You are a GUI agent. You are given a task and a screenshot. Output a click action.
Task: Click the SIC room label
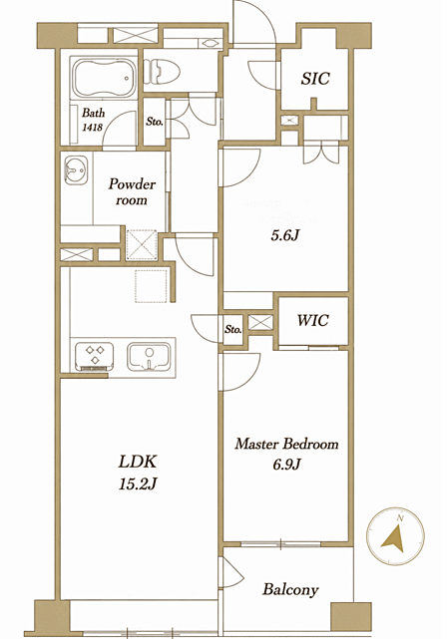click(x=315, y=79)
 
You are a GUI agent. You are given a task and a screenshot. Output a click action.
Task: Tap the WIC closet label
click(x=313, y=320)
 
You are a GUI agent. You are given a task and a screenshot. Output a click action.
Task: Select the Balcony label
click(x=290, y=589)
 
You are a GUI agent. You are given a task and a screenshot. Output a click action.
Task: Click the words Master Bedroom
click(x=286, y=444)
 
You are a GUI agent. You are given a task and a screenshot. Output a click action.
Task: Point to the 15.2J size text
click(x=138, y=484)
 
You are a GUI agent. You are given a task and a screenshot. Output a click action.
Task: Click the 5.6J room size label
click(x=285, y=235)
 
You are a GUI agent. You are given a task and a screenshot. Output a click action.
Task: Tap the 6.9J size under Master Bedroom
click(x=286, y=465)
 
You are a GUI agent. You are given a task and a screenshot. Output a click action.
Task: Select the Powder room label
click(x=132, y=192)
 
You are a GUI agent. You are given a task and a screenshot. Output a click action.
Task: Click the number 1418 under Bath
click(x=93, y=128)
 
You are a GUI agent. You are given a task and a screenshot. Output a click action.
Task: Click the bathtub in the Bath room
click(x=104, y=78)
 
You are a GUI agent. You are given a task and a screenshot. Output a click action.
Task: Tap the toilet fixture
click(x=162, y=72)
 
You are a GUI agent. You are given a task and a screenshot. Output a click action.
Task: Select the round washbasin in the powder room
click(x=75, y=169)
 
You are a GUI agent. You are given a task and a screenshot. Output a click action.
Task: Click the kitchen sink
click(x=149, y=357)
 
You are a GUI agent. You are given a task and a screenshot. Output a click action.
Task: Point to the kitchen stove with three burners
click(x=94, y=355)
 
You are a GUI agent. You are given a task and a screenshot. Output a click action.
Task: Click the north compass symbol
click(x=395, y=536)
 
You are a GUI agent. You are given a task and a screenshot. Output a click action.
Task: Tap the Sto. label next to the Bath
click(x=155, y=122)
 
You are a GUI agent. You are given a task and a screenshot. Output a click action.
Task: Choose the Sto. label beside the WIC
click(x=232, y=329)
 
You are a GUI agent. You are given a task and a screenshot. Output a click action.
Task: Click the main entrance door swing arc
click(x=261, y=21)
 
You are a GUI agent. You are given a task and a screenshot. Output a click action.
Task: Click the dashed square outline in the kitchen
click(x=151, y=286)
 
